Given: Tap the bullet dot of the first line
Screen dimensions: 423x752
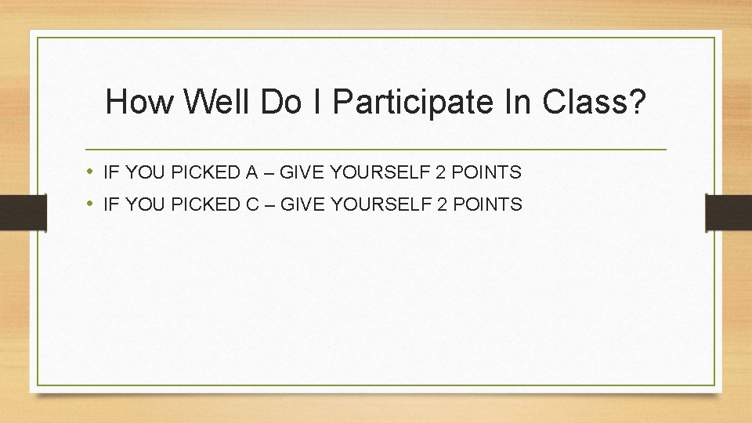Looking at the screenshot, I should pos(91,172).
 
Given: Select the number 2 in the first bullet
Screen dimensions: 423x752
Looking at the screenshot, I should pos(443,172).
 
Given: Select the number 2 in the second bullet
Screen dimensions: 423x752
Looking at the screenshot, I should pos(443,205).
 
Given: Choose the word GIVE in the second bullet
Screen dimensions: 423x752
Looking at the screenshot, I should pos(299,205).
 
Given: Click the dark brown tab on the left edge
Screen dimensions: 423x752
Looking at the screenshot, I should pos(23,212).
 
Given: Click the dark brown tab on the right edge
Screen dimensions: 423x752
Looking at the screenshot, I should pos(728,212).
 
